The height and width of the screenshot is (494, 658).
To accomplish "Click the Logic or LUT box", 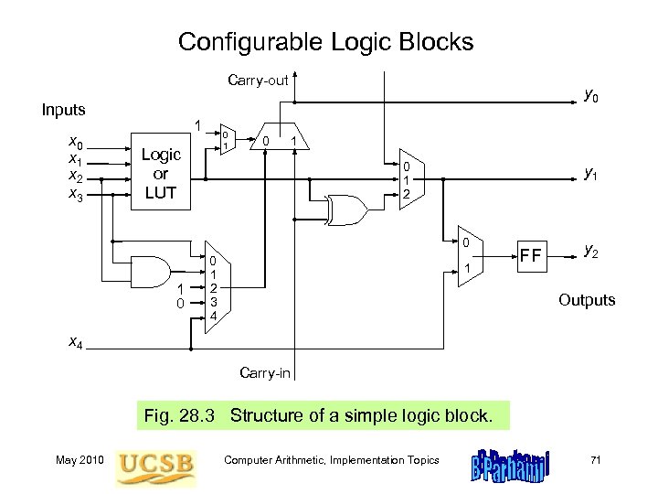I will tap(160, 175).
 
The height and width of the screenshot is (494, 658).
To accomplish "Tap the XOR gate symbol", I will tap(348, 209).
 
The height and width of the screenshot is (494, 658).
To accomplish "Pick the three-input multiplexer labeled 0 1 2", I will tap(407, 179).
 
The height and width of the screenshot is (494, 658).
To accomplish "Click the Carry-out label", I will tap(258, 81).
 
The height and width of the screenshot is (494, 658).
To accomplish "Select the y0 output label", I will tap(591, 94).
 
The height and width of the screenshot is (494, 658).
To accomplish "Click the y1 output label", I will tap(591, 173).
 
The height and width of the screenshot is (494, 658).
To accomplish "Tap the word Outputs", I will tap(587, 300).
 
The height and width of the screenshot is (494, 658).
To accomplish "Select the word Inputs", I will tap(64, 110).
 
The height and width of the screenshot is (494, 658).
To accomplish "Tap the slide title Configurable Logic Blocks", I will tap(326, 42).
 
